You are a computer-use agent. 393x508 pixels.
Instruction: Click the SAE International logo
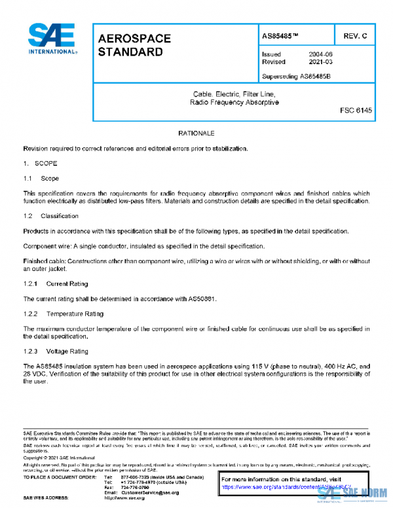52,39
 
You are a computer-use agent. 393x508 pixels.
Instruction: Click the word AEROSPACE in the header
134,39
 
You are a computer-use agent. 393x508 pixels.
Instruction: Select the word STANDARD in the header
130,52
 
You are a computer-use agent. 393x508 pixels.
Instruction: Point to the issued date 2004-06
321,54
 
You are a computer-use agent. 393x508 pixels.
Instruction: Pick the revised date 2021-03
321,62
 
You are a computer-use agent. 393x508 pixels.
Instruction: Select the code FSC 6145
356,111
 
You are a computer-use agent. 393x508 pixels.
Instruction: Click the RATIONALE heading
196,133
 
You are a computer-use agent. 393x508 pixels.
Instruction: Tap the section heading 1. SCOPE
41,163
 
